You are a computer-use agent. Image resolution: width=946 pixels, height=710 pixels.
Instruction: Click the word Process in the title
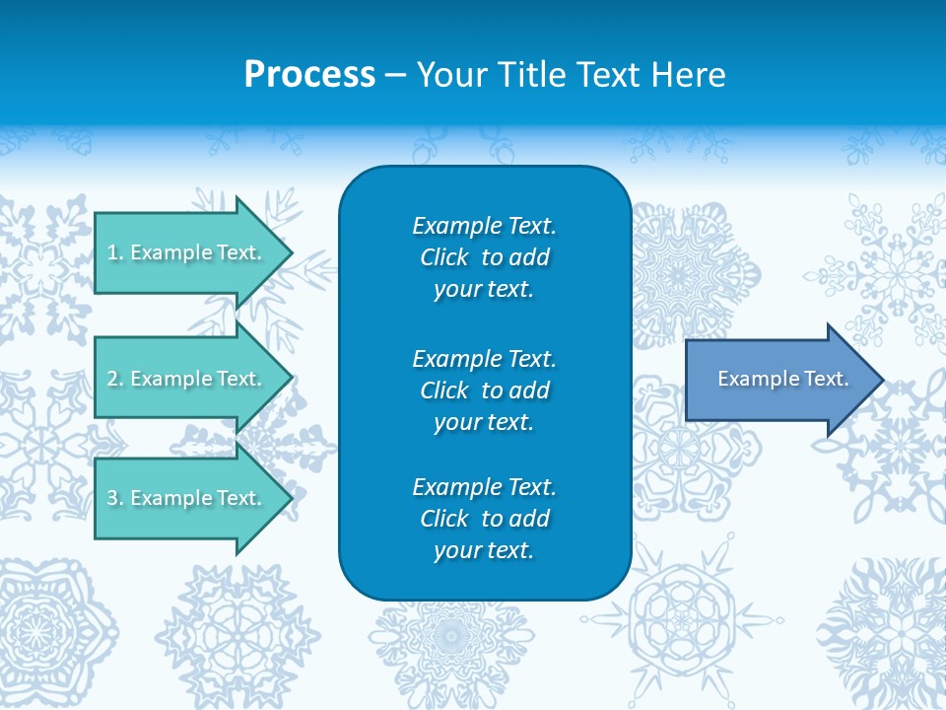[x=309, y=75]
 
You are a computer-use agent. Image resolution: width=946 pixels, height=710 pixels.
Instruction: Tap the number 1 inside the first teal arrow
[x=112, y=252]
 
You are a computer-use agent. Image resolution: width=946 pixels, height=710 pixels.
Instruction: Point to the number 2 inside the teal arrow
[x=112, y=379]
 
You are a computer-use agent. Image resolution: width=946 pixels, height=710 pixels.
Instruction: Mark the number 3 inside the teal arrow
[x=112, y=498]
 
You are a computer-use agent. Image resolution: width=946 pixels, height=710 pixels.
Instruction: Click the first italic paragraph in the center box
[x=484, y=257]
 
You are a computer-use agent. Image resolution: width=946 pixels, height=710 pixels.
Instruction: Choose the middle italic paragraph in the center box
[x=484, y=390]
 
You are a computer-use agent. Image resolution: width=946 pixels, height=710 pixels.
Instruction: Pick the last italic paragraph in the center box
[x=484, y=519]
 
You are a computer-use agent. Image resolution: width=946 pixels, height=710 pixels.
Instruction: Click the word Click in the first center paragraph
[x=443, y=257]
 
